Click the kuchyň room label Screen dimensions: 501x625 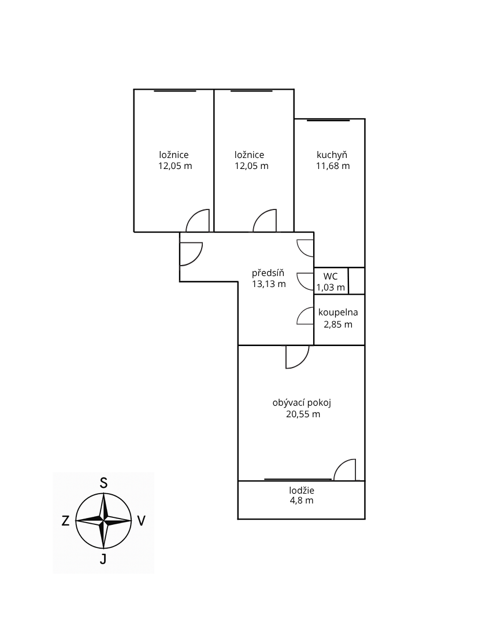coord(332,155)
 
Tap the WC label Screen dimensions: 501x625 coord(331,276)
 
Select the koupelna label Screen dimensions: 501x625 coord(338,312)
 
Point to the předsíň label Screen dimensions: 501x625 coord(268,273)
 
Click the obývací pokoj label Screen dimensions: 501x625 coord(302,403)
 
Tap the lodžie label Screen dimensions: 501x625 coord(302,490)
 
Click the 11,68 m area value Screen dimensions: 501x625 coord(333,166)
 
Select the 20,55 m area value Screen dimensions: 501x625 coord(303,414)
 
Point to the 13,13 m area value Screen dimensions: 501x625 coord(269,284)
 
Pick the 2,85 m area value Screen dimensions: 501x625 coord(338,325)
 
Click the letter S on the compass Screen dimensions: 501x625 coord(103,483)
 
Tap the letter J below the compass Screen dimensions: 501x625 coord(103,559)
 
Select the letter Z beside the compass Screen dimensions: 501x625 coord(66,521)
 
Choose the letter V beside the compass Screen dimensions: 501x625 coord(141,521)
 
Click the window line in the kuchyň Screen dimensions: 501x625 coord(328,120)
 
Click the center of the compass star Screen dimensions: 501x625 coord(103,521)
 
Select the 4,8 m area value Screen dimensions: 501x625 coord(302,501)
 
